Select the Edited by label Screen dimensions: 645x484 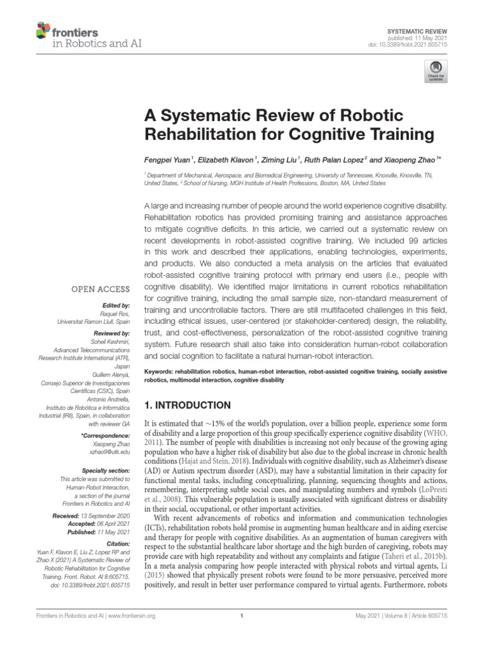tap(114, 305)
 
